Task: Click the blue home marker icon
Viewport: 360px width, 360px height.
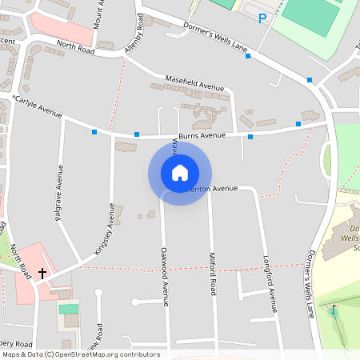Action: [x=180, y=173]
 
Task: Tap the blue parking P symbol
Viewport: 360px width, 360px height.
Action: [x=262, y=18]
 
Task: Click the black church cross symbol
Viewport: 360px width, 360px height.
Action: [x=42, y=273]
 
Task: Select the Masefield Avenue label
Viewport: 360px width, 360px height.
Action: [x=194, y=83]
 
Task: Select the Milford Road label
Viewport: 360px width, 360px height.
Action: [x=213, y=277]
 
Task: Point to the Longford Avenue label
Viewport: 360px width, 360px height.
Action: [x=271, y=283]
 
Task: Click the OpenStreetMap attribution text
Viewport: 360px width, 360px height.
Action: [x=81, y=354]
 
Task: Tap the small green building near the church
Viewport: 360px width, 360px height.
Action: [x=69, y=309]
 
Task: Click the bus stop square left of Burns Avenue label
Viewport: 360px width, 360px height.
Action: [x=137, y=134]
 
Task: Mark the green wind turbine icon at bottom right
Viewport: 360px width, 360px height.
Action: [x=333, y=310]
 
